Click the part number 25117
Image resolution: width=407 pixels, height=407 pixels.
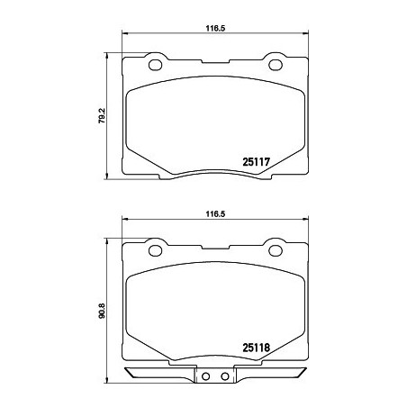click(x=257, y=163)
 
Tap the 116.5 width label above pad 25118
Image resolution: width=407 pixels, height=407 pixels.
click(x=213, y=214)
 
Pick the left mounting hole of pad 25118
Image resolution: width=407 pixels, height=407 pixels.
click(x=153, y=249)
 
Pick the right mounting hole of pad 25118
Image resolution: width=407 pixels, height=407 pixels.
click(x=274, y=249)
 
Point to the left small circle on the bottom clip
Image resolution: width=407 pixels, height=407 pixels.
click(x=204, y=377)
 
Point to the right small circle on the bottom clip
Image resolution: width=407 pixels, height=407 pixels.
click(x=222, y=377)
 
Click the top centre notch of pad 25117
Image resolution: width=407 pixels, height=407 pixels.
click(x=213, y=62)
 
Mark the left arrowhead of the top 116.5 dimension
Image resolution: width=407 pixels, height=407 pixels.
click(x=125, y=36)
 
